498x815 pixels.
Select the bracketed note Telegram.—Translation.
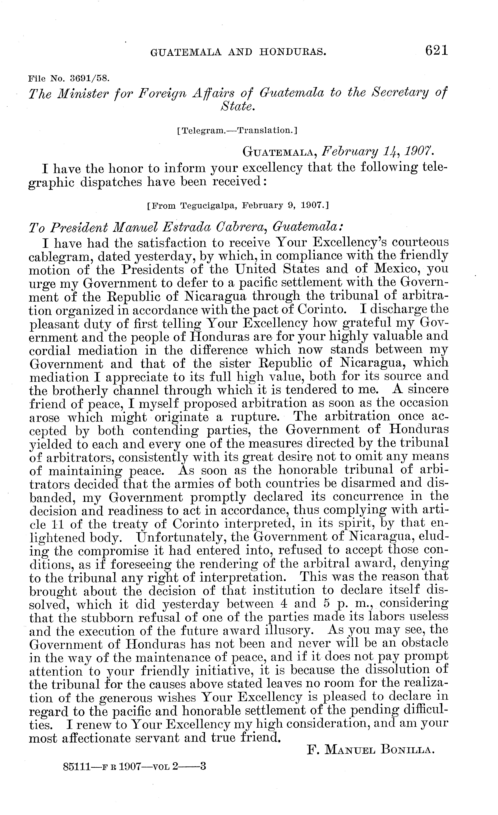237,130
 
